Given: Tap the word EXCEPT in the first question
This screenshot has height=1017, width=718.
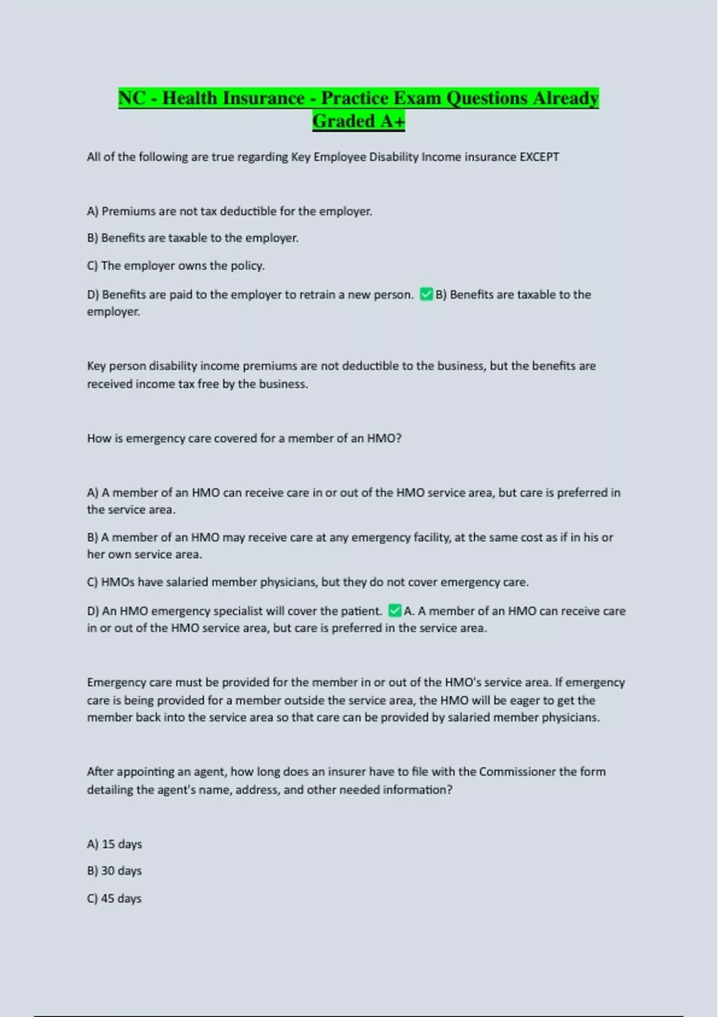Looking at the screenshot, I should coord(539,157).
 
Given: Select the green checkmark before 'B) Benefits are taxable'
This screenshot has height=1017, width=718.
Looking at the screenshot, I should coord(426,294).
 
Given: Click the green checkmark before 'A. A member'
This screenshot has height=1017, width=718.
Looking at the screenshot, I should coord(394,611).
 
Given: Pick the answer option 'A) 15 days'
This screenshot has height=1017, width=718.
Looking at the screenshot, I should coord(114,844).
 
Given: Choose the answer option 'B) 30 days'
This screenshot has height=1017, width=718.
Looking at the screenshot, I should coord(114,871).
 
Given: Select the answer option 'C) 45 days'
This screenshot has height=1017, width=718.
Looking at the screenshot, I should coord(114,899).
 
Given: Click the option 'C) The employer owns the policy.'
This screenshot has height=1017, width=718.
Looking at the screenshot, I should coord(176,266).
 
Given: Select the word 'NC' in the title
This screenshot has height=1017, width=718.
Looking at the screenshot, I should coord(132,98).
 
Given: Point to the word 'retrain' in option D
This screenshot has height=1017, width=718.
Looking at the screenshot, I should coord(328,294).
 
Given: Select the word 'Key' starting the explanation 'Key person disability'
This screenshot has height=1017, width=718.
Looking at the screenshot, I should coord(96,366).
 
